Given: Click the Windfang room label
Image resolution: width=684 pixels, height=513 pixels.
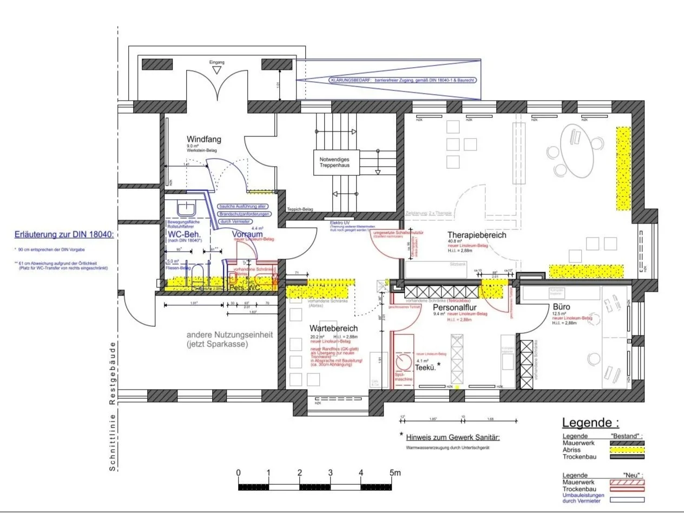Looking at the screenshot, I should pos(203,140).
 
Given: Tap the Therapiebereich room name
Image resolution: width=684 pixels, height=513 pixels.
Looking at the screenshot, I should pos(477,235).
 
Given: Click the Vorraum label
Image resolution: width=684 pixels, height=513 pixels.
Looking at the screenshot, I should pos(247,234).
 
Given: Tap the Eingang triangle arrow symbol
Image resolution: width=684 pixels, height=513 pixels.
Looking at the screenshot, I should pos(216,70).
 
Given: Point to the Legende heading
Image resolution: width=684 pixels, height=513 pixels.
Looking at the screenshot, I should pos(590,423).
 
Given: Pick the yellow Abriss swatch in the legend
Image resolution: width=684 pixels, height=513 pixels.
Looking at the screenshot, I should pos(627,450).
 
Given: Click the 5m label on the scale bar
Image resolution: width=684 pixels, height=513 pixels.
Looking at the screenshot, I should pos(395,473).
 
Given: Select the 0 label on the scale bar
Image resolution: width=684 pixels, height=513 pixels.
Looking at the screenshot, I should pos(239,473).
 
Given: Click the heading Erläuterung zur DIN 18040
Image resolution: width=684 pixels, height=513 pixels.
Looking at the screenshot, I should pos(64,235).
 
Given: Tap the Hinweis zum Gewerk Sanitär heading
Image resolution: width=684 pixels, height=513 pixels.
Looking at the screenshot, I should pos(452,437).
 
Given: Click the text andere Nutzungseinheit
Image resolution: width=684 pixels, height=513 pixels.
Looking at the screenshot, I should pos(230,335).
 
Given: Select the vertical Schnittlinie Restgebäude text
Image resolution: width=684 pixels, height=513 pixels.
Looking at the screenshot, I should pos(113,406).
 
